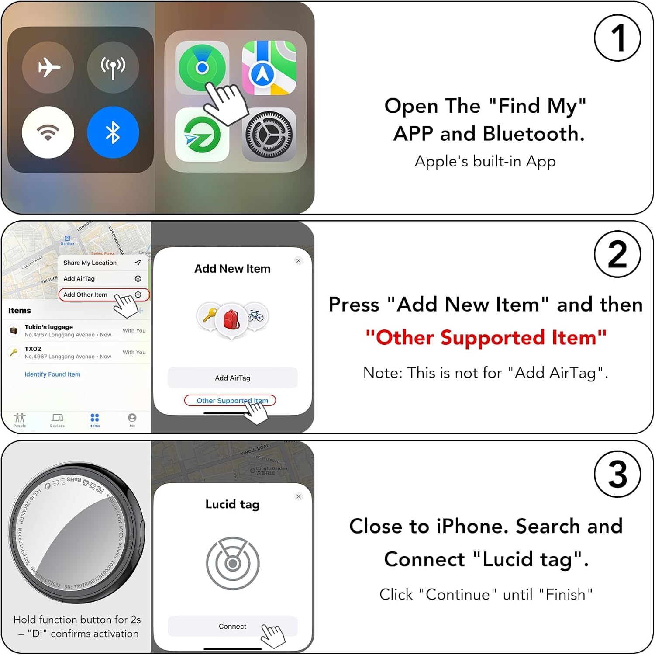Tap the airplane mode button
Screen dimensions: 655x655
click(x=48, y=67)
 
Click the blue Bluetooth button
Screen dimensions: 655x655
click(x=113, y=132)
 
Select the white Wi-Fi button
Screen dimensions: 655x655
click(x=48, y=132)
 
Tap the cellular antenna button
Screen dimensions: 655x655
click(x=113, y=67)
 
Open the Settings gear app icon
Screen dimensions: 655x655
click(x=269, y=135)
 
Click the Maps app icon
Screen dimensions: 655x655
click(x=269, y=68)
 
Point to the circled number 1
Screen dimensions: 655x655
click(x=617, y=38)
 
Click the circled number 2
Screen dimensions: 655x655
click(x=617, y=254)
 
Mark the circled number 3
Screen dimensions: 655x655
click(x=617, y=475)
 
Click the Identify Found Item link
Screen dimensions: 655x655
click(x=52, y=374)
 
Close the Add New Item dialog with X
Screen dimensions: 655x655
click(x=299, y=261)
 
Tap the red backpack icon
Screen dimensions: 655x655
click(x=232, y=319)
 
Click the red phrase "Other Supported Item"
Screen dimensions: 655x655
click(x=486, y=338)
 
